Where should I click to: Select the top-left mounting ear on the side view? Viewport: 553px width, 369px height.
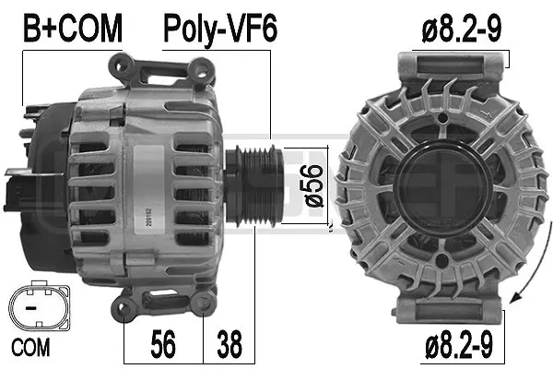click(123, 66)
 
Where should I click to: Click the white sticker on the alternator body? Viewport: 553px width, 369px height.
click(149, 189)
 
